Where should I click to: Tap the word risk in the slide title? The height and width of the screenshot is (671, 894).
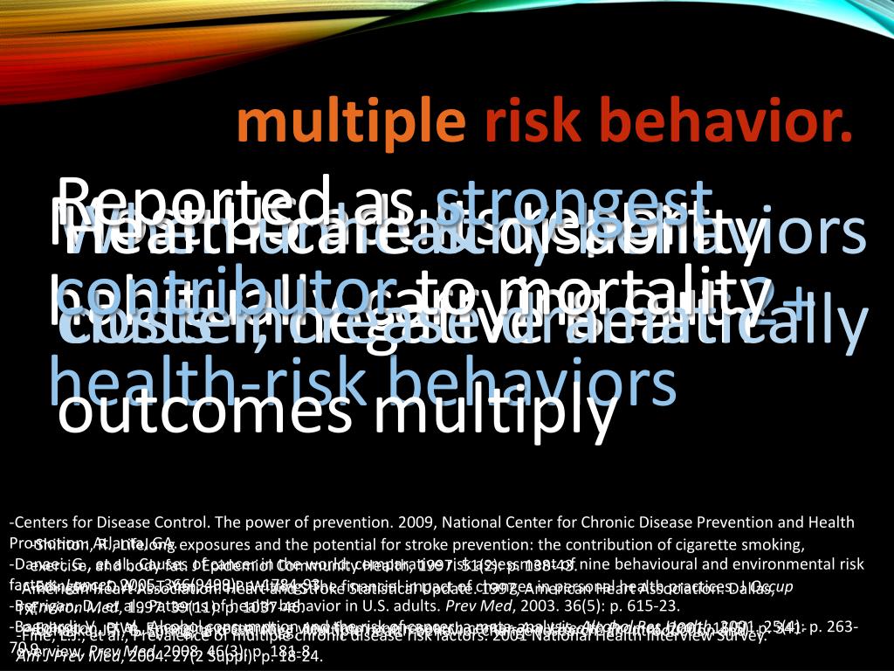526,123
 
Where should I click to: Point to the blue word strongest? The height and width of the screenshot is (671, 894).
571,199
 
